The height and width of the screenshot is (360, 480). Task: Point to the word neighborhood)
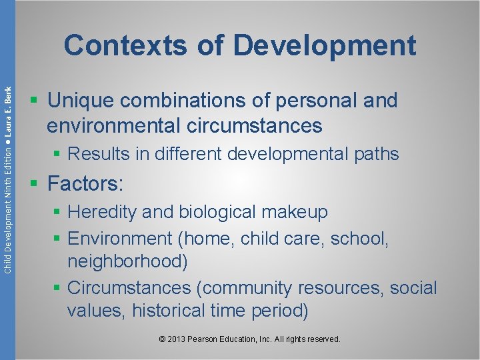click(127, 261)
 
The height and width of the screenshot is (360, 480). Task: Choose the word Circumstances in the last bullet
click(132, 288)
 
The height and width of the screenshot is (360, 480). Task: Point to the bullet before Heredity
click(59, 212)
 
